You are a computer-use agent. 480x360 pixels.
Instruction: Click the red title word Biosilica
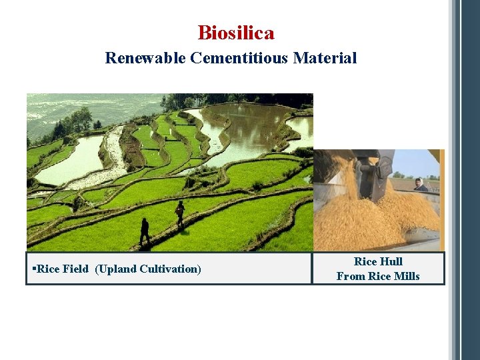point(236,33)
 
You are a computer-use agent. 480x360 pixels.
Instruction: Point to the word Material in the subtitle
point(329,58)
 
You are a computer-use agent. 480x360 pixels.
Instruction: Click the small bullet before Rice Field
point(33,269)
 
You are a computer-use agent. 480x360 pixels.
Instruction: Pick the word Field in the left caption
point(75,269)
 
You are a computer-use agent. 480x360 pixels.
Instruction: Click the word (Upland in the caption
point(114,269)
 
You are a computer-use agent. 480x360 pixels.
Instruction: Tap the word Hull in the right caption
point(391,261)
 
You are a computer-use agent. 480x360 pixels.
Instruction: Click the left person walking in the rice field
point(145,231)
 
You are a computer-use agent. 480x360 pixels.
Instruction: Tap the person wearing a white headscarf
point(420,185)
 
